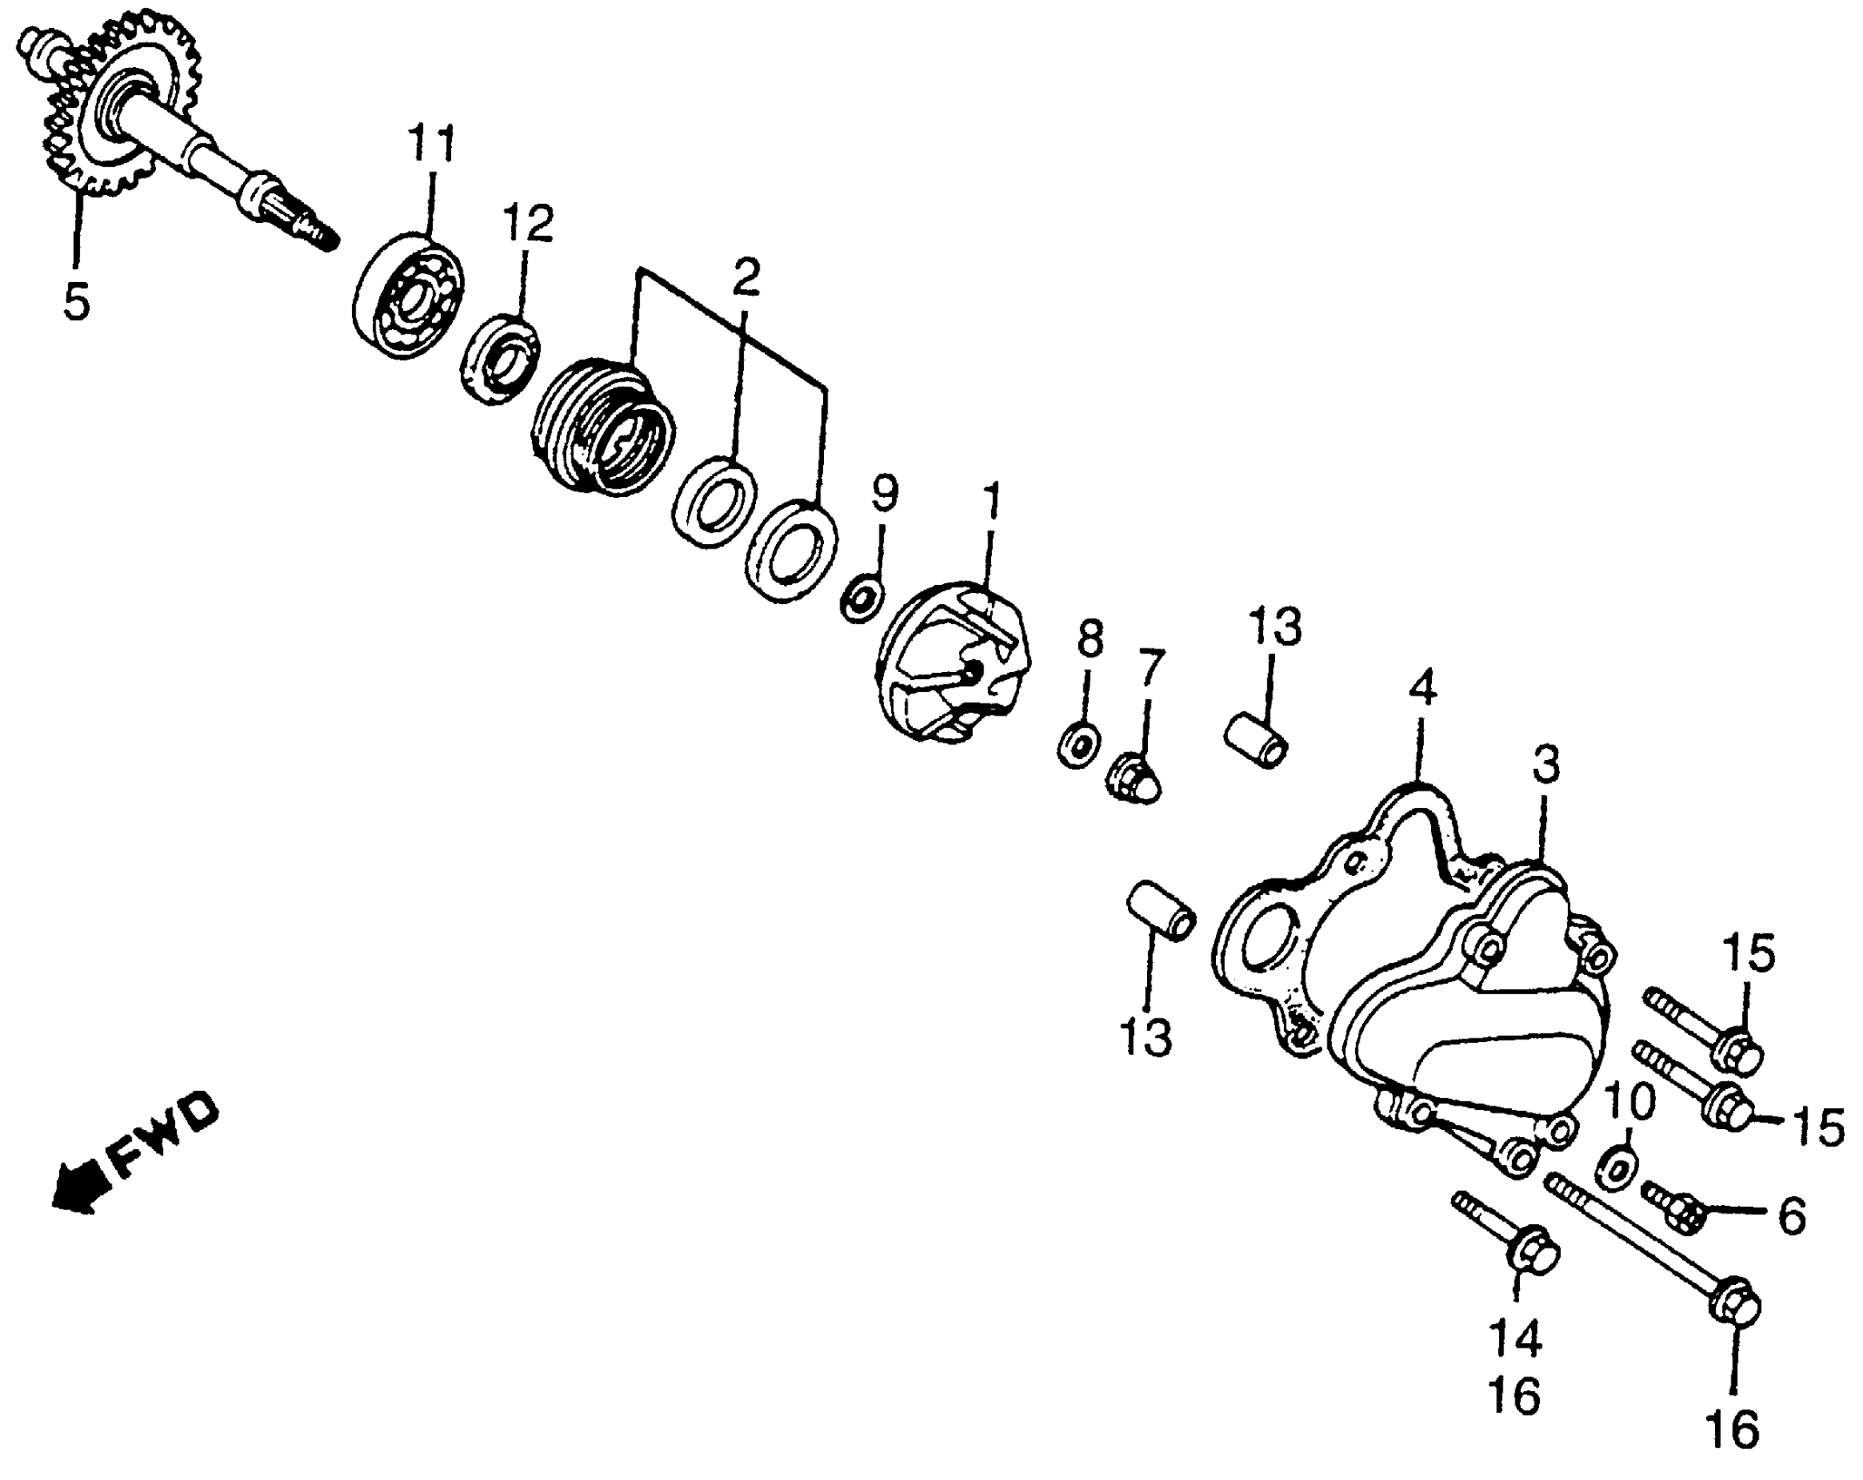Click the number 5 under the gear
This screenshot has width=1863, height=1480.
(77, 300)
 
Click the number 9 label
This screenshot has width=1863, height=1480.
(883, 494)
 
